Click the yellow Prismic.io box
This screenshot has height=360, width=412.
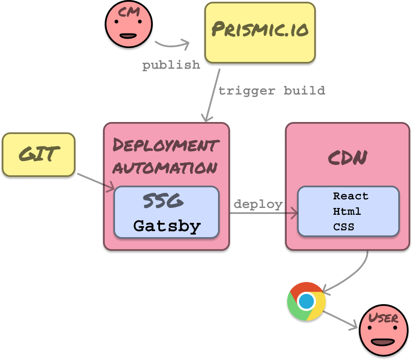point(260,33)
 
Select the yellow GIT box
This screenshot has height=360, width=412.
point(39,155)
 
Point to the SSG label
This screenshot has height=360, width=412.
point(163,201)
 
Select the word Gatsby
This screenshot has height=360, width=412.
point(167,226)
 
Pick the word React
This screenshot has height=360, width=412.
point(351,196)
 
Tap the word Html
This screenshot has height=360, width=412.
point(347,211)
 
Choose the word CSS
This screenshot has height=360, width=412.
point(344,226)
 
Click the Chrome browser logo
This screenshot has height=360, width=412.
point(306,301)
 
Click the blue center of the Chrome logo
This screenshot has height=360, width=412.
point(306,302)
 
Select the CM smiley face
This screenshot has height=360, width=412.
point(128,25)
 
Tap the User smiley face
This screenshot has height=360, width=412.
point(383,331)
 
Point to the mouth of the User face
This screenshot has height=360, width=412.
point(382,342)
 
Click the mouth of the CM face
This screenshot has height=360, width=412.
point(128,36)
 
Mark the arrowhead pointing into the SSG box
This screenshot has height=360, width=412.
point(110,187)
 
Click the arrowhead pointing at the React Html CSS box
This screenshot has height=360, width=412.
point(294,213)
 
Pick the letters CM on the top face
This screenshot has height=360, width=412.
point(129,12)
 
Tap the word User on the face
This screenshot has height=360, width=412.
point(383,318)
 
